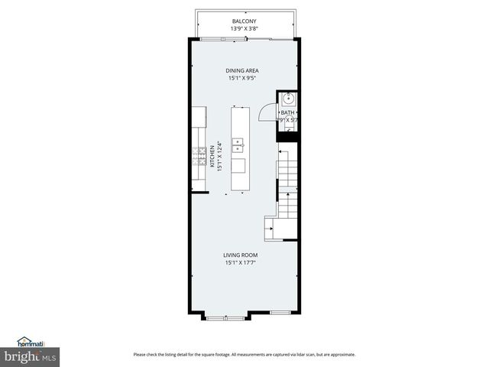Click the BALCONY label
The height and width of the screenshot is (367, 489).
tap(244, 21)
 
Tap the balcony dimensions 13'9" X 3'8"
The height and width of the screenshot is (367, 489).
tap(244, 28)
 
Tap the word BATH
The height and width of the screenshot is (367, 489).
tap(288, 112)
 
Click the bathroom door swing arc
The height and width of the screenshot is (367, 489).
tap(265, 112)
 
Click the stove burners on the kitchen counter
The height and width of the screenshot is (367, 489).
tap(198, 156)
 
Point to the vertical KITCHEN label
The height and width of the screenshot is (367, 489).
tap(212, 156)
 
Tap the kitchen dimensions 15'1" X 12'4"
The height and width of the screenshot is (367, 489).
tap(219, 156)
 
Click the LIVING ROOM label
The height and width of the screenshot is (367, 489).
tap(240, 255)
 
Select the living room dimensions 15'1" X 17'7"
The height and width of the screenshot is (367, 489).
tap(240, 262)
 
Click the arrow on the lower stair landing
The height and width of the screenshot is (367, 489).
tap(271, 227)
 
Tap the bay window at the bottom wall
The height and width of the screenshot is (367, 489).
tap(226, 316)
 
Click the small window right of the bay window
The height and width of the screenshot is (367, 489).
tap(280, 313)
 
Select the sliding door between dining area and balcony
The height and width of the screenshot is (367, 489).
tap(244, 38)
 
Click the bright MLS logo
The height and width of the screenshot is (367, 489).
tap(31, 356)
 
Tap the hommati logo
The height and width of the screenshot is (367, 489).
tap(31, 342)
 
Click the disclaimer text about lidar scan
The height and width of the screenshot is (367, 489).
tap(244, 354)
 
